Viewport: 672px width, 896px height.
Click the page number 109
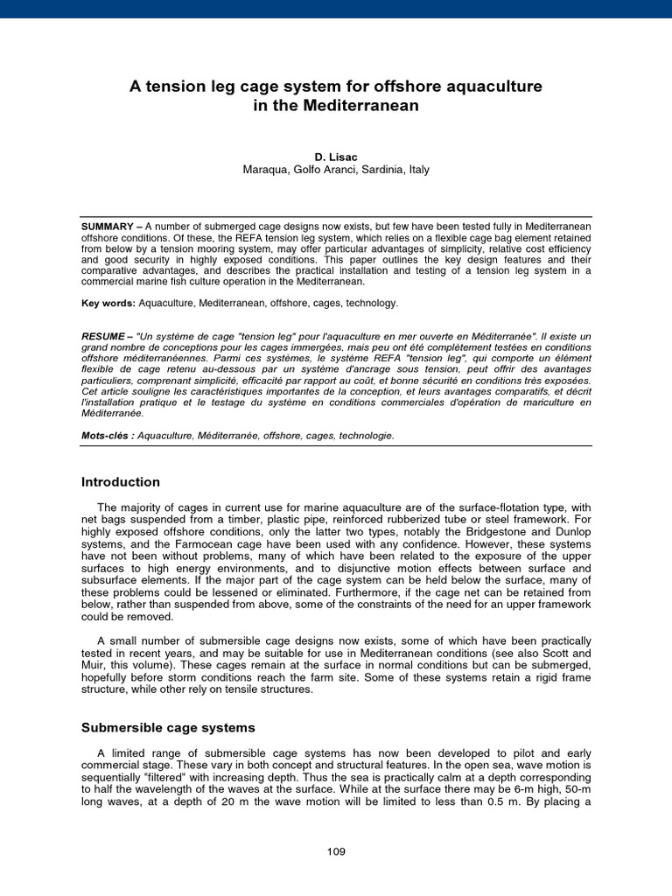(x=336, y=851)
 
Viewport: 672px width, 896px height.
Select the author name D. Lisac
(x=336, y=156)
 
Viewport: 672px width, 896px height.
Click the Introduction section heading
(x=121, y=482)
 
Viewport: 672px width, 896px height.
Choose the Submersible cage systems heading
(x=168, y=727)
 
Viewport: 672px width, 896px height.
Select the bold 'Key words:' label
(x=108, y=303)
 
